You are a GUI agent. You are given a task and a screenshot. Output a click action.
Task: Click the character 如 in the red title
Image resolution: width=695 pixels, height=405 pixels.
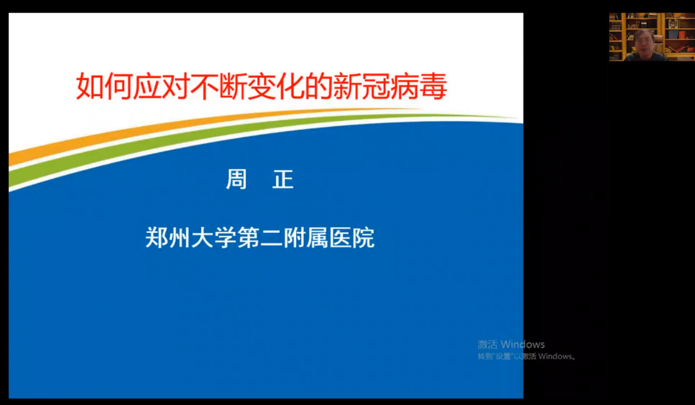click(x=90, y=86)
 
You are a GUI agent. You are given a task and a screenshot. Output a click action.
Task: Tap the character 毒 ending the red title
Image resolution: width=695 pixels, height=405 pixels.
click(x=433, y=86)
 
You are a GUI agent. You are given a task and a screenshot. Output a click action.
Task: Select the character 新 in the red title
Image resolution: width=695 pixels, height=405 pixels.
click(x=347, y=86)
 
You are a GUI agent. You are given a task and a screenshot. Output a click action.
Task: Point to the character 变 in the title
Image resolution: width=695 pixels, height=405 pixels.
click(x=262, y=86)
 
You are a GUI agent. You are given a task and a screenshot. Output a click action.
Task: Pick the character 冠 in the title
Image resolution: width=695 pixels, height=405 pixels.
click(x=376, y=86)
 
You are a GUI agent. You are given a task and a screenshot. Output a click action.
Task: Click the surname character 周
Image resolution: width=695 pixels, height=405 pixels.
click(x=236, y=179)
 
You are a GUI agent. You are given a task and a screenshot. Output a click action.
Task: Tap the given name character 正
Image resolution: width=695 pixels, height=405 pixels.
click(x=283, y=179)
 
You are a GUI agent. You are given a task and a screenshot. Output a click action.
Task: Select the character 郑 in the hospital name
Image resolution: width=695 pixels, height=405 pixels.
click(x=157, y=238)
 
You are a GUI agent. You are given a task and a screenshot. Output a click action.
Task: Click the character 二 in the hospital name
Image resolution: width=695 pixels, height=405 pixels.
click(x=271, y=238)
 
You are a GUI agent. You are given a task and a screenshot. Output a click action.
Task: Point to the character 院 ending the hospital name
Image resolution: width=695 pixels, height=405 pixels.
click(x=363, y=238)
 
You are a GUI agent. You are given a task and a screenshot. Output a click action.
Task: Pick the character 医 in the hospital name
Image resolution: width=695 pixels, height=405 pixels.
click(x=341, y=238)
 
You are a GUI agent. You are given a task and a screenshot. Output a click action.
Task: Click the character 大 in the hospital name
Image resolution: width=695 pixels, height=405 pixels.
click(x=202, y=238)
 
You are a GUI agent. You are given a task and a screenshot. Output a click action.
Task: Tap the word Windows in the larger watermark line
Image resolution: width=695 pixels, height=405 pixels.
click(x=523, y=344)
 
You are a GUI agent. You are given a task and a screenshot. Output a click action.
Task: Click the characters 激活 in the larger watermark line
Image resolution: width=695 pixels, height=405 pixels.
click(x=488, y=344)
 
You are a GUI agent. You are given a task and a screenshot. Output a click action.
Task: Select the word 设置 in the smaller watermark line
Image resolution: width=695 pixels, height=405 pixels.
click(x=503, y=356)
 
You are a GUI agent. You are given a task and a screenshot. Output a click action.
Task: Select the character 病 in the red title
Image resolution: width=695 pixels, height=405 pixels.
click(x=404, y=86)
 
